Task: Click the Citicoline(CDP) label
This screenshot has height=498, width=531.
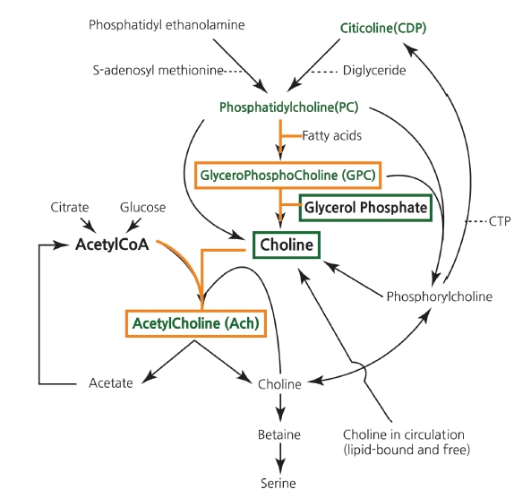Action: click(x=383, y=28)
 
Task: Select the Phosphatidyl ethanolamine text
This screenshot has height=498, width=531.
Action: click(x=167, y=25)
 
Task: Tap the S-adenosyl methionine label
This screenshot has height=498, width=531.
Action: click(x=158, y=71)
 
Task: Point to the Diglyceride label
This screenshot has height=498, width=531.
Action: click(x=374, y=71)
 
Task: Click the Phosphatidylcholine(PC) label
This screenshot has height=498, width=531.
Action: click(x=289, y=107)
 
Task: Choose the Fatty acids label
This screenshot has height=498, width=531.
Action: click(x=332, y=135)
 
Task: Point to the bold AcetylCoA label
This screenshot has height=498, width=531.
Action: click(x=112, y=245)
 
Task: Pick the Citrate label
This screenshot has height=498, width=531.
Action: click(x=70, y=207)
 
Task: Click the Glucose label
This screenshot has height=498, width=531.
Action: click(x=143, y=207)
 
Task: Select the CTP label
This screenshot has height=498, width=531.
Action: click(x=500, y=221)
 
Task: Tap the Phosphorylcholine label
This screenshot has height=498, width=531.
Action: click(x=440, y=296)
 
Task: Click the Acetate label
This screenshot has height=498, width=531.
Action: click(x=111, y=383)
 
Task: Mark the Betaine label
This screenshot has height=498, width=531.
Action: click(x=279, y=434)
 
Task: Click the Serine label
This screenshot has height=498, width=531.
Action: click(x=278, y=484)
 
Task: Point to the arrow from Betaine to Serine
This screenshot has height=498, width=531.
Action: click(x=280, y=459)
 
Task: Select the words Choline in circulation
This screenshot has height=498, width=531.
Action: click(x=404, y=434)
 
